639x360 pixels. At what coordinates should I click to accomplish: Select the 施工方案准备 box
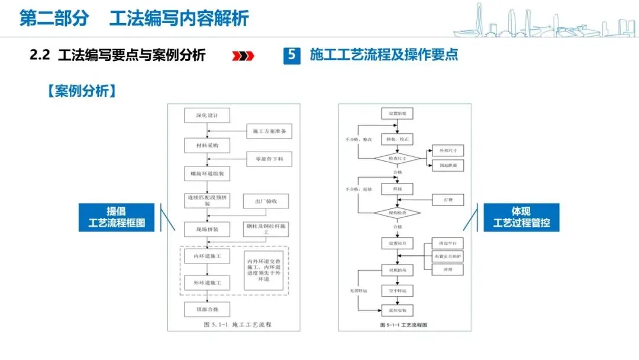click(x=269, y=131)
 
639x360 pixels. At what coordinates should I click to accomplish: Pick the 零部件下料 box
click(x=269, y=159)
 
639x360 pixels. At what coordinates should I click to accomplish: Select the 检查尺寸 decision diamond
click(x=397, y=158)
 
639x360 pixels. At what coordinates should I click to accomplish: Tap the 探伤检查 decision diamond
click(x=397, y=213)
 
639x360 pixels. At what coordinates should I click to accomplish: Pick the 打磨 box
click(x=448, y=200)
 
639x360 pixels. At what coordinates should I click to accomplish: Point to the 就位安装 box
click(x=397, y=310)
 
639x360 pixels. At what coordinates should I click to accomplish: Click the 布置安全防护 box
click(x=448, y=256)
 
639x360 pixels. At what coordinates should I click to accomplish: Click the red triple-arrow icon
click(x=243, y=56)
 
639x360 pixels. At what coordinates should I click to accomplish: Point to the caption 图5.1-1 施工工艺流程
click(x=235, y=324)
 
